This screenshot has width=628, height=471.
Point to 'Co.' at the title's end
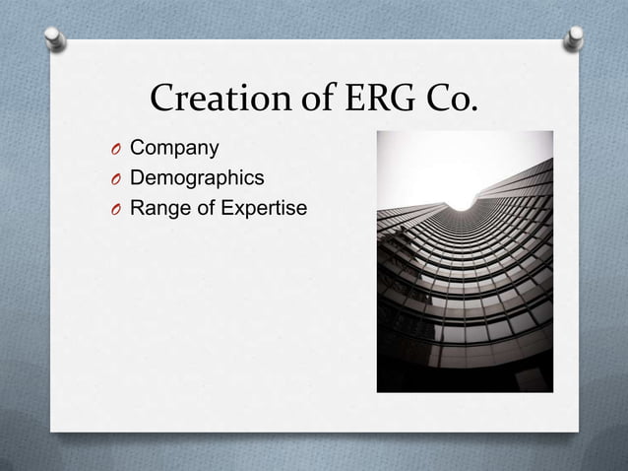tap(448, 100)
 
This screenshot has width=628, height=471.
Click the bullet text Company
tap(174, 149)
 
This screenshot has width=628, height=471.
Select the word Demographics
tap(197, 178)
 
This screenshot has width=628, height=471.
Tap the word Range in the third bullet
tap(158, 208)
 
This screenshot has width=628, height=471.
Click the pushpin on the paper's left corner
tap(56, 38)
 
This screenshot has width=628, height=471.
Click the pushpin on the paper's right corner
tap(573, 38)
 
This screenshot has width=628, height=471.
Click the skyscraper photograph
tap(465, 286)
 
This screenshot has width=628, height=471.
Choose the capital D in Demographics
tap(138, 178)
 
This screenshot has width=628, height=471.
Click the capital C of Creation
tap(162, 100)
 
